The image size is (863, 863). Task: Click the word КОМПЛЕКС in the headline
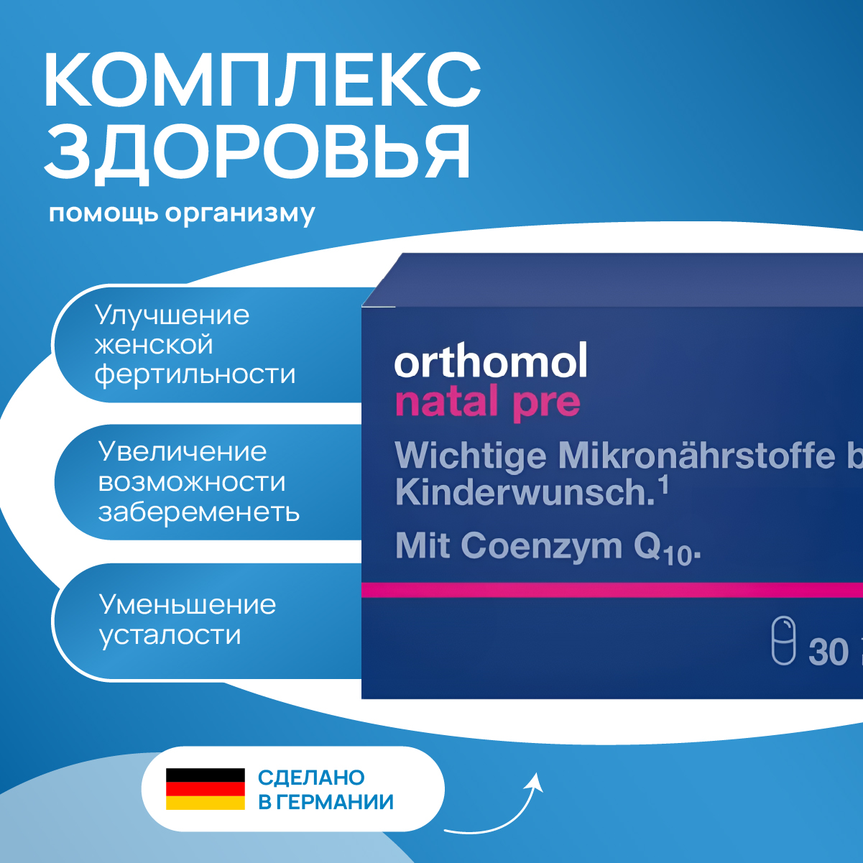point(262,80)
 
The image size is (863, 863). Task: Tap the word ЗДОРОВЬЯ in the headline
point(257,154)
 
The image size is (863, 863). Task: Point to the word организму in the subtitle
point(240,213)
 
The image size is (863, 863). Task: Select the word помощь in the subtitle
point(103,213)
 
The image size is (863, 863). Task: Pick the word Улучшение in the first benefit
point(172,315)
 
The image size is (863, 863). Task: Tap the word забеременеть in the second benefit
point(199,512)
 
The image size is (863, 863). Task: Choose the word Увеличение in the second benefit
point(183,452)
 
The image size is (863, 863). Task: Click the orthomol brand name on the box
point(491,361)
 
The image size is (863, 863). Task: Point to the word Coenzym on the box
point(541,547)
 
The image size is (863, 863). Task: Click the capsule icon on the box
point(784,641)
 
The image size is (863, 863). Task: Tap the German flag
point(206,789)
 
